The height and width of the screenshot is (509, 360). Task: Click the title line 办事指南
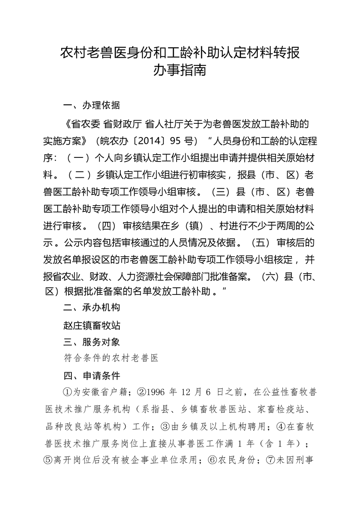[x=180, y=71]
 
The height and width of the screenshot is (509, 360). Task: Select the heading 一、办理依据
[x=92, y=106]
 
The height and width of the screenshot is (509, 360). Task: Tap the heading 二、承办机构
[x=92, y=308]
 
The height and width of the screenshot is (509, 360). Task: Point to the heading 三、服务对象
[x=92, y=341]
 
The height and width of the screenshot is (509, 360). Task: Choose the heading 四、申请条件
[x=92, y=376]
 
